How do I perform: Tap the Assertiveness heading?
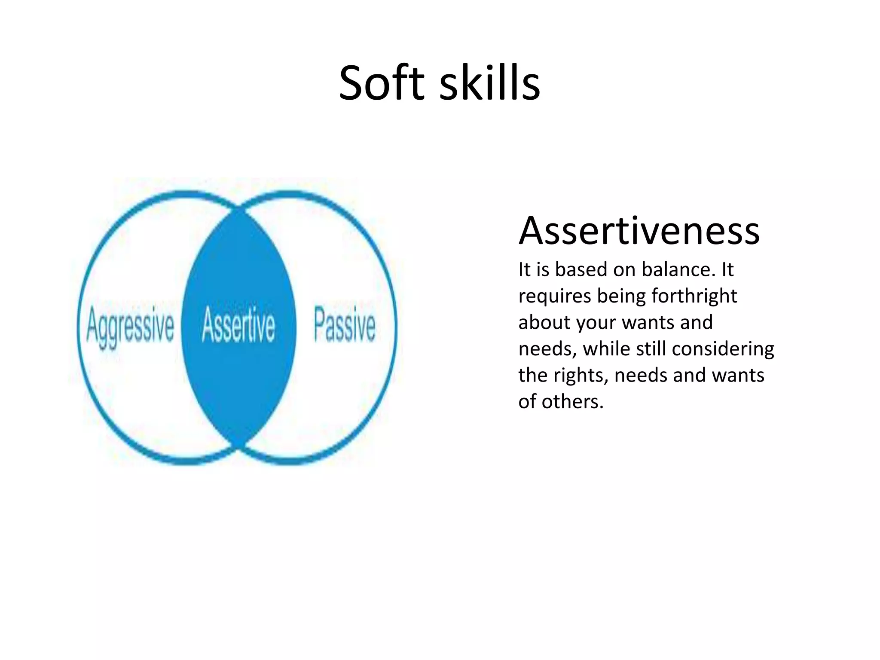(639, 231)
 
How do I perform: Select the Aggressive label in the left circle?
(130, 326)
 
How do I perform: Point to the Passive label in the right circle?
(345, 324)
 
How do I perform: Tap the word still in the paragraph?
(651, 348)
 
